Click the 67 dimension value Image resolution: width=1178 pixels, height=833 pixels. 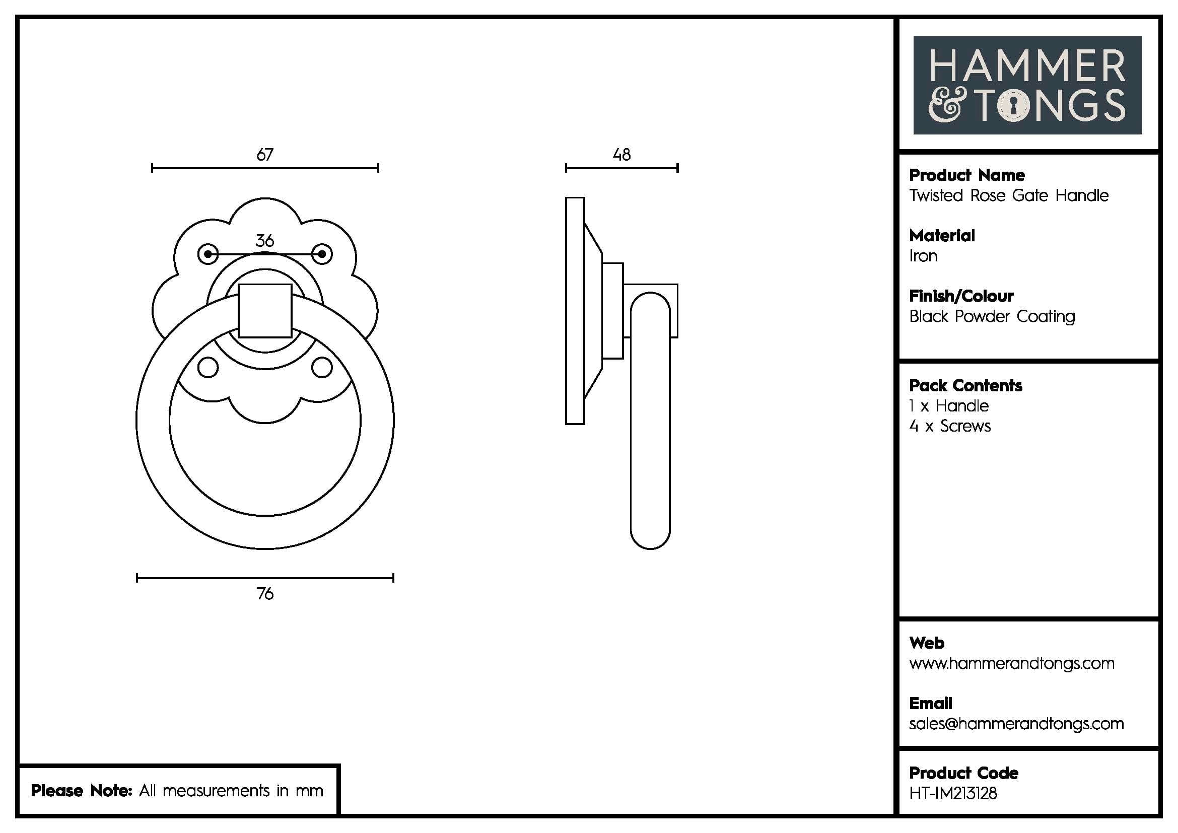pyautogui.click(x=265, y=155)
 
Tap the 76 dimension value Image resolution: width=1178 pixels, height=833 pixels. pyautogui.click(x=265, y=593)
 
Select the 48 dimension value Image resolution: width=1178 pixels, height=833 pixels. pyautogui.click(x=621, y=155)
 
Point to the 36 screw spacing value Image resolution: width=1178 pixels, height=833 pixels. pyautogui.click(x=265, y=241)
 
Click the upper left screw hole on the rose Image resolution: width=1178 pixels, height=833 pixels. pyautogui.click(x=208, y=254)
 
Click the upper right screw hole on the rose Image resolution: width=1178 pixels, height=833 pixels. pyautogui.click(x=322, y=254)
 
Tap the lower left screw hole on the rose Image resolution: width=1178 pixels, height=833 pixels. pyautogui.click(x=208, y=367)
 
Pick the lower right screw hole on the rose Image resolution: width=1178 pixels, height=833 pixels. pyautogui.click(x=322, y=367)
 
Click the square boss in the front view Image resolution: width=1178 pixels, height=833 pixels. pyautogui.click(x=265, y=310)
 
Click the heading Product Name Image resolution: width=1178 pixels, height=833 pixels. pyautogui.click(x=966, y=175)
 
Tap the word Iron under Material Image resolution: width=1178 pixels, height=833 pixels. pyautogui.click(x=923, y=256)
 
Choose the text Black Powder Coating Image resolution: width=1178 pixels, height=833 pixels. pyautogui.click(x=992, y=316)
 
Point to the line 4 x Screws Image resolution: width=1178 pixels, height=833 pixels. pyautogui.click(x=950, y=426)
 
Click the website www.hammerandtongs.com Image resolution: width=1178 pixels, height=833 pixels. pyautogui.click(x=1011, y=663)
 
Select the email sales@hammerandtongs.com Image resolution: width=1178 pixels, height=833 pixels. pyautogui.click(x=1016, y=724)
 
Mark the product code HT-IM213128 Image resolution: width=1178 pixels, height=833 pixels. pyautogui.click(x=953, y=793)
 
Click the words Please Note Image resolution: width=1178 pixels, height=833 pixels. pyautogui.click(x=81, y=790)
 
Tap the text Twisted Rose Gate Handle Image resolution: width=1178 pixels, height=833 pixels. pyautogui.click(x=1009, y=195)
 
